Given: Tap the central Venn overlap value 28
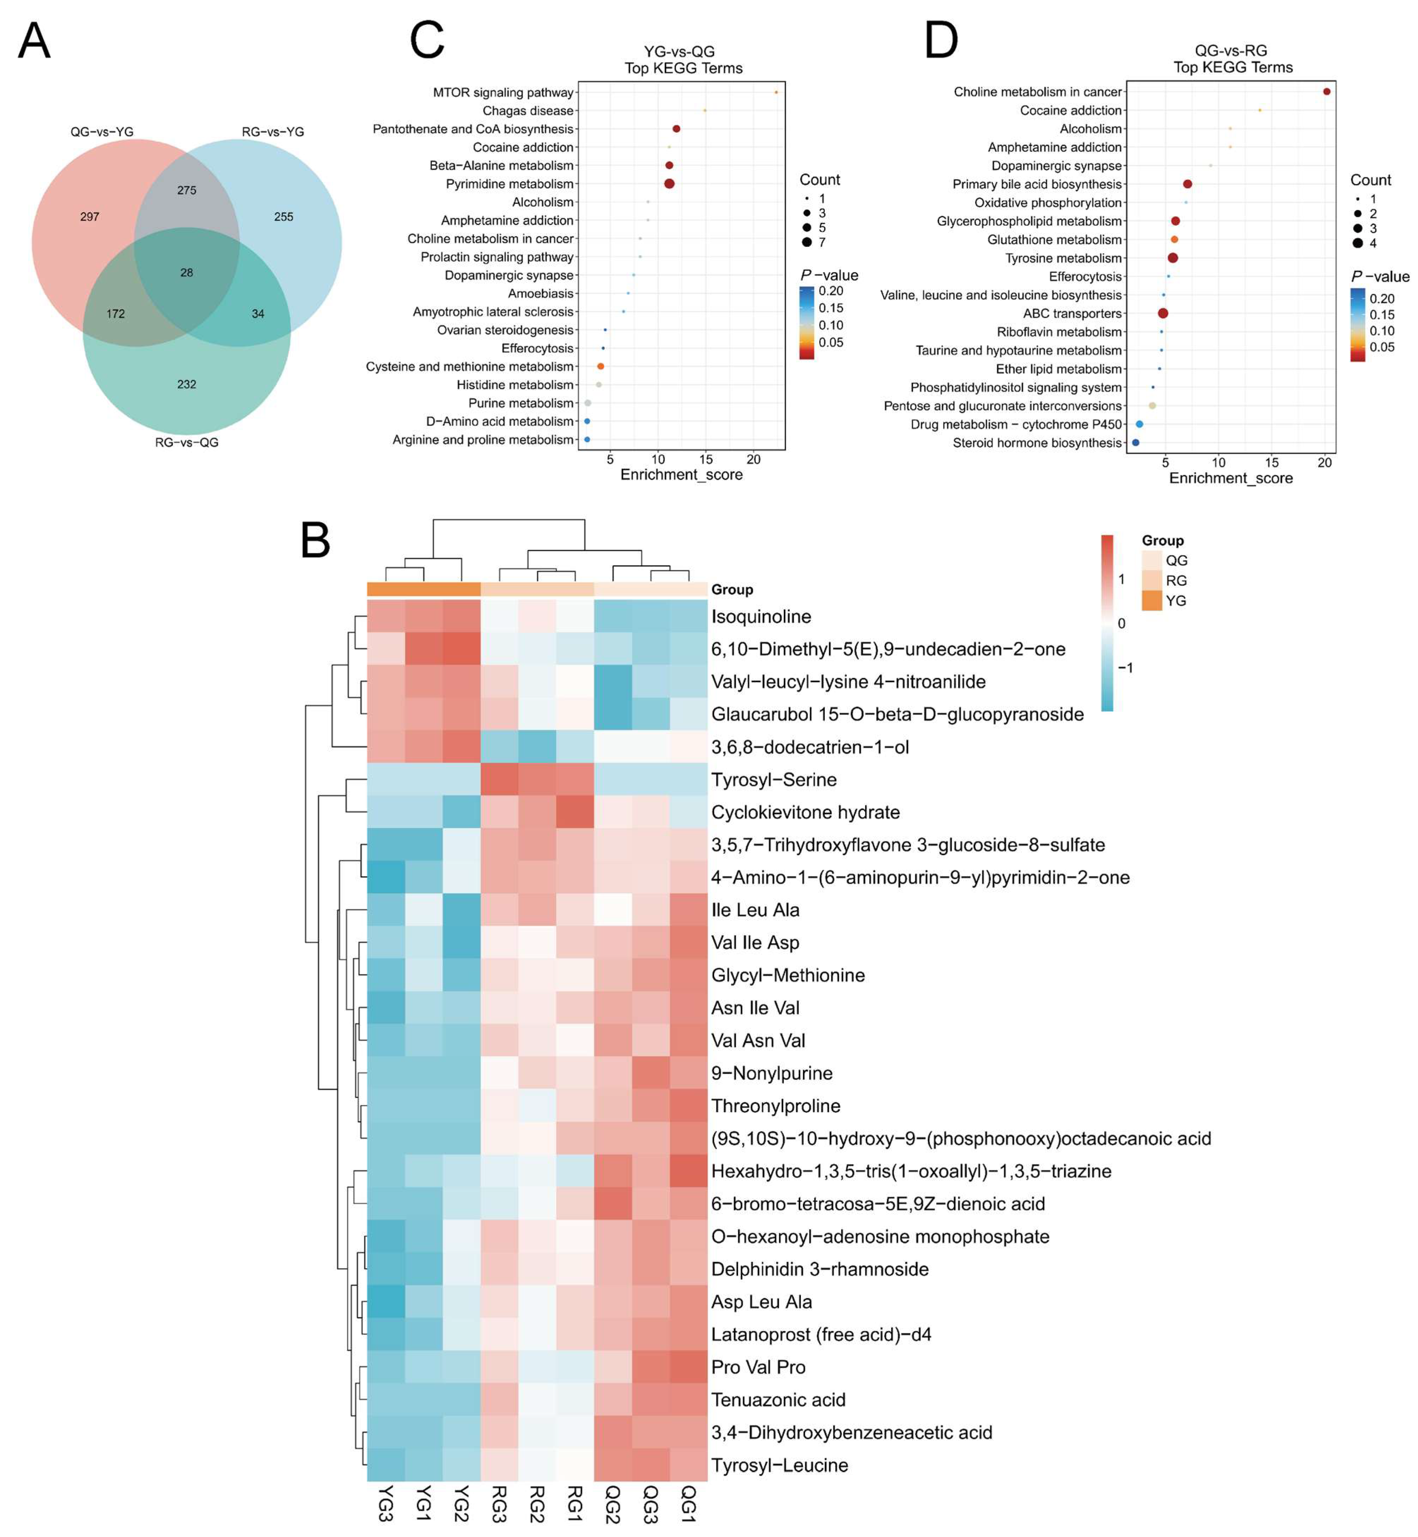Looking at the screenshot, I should tap(187, 273).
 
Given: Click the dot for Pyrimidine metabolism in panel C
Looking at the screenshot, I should tap(669, 183).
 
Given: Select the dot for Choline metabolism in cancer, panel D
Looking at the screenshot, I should tap(1327, 91).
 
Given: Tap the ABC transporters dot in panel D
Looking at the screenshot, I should tap(1162, 313).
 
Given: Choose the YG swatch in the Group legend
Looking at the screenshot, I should tap(1152, 601).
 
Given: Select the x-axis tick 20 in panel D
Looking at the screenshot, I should tap(1325, 463).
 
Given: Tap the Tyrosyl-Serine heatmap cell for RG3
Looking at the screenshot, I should tap(499, 780).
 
